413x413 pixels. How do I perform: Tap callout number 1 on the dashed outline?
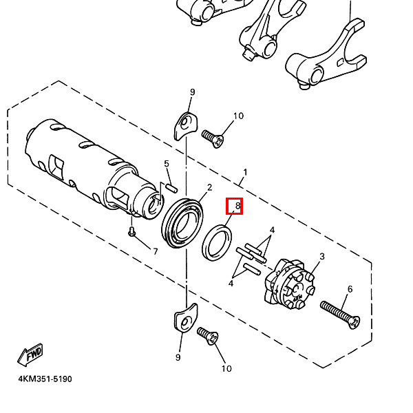pos(244,171)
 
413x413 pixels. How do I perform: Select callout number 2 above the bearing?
pos(209,187)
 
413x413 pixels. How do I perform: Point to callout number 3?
pos(321,257)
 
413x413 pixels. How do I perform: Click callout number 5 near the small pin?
pos(166,164)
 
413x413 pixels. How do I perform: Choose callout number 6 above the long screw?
pos(349,289)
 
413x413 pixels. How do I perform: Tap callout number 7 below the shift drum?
pos(155,251)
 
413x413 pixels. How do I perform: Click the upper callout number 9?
pos(193,92)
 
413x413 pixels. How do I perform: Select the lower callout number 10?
pos(226,368)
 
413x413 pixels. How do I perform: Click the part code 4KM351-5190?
pos(45,379)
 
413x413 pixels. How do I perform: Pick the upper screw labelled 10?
pos(213,138)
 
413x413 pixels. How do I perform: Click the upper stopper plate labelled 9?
pos(184,124)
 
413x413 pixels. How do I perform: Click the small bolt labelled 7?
pos(131,232)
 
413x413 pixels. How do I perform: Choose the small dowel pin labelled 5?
pos(172,186)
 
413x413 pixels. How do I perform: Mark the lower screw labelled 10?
pos(208,337)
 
